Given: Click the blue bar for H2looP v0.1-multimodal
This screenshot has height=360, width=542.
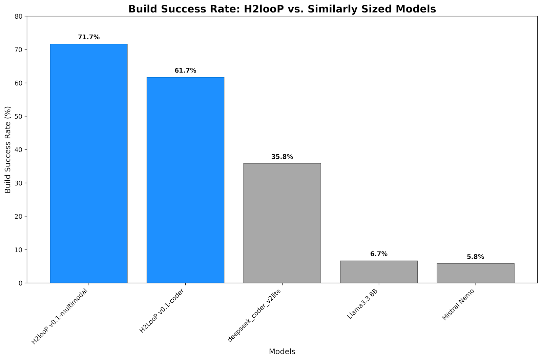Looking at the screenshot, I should [89, 163].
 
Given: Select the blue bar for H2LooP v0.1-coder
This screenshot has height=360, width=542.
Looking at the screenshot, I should [185, 180].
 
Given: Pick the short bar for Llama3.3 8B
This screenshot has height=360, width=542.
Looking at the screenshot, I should [379, 272].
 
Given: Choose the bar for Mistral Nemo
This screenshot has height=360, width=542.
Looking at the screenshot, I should [475, 273].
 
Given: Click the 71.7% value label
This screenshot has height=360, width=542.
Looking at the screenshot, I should [89, 37].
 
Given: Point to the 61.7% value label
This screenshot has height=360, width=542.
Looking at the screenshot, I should [185, 71].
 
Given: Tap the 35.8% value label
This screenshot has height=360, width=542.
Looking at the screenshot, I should [282, 157].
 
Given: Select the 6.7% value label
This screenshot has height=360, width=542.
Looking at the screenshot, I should [379, 254].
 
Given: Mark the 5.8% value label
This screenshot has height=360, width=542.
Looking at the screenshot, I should [475, 257].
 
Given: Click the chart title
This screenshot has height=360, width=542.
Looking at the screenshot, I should [282, 9].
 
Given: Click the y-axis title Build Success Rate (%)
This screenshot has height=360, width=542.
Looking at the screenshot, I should [8, 149].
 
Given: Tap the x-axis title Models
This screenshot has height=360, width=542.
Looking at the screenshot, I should [282, 352].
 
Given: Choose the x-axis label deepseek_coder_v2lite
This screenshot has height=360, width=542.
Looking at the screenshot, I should [255, 315].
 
